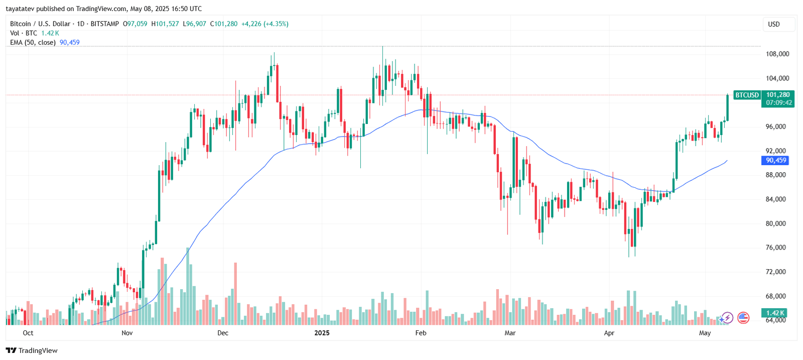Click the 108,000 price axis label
click(x=777, y=54)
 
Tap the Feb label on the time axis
click(x=421, y=333)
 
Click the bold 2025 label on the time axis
click(x=322, y=333)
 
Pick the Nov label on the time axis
click(x=127, y=333)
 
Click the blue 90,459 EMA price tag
click(x=775, y=160)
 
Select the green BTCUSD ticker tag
click(x=747, y=95)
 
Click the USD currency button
click(x=774, y=24)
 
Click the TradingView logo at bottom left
click(x=32, y=350)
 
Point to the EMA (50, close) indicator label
click(x=33, y=43)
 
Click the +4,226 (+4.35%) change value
click(x=264, y=24)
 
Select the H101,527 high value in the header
click(x=165, y=24)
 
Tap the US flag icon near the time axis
click(x=743, y=317)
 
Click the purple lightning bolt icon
click(x=727, y=317)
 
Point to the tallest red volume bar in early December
click(x=235, y=294)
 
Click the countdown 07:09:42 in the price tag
click(x=779, y=103)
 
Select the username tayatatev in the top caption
click(x=20, y=9)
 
